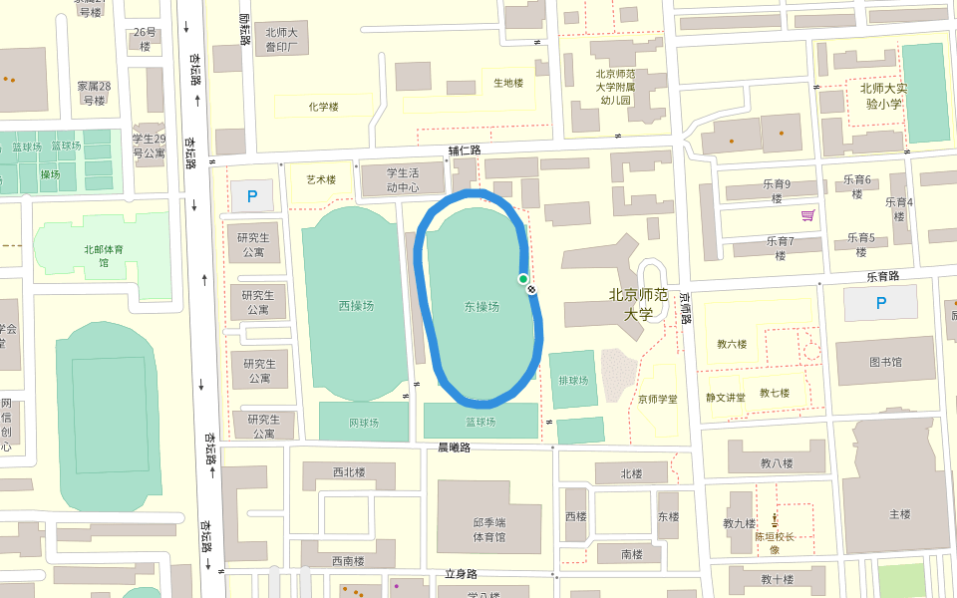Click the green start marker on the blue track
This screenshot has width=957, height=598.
tap(523, 279)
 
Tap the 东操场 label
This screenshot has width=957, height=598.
tap(481, 306)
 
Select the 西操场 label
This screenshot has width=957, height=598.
tap(356, 306)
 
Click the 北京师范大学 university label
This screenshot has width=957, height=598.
tap(638, 304)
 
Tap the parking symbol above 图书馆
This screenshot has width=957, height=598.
tap(880, 303)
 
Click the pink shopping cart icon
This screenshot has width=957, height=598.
tap(807, 215)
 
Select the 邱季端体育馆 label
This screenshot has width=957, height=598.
tap(488, 529)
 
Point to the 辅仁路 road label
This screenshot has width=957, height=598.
tap(465, 150)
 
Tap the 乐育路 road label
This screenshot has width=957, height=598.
tap(882, 276)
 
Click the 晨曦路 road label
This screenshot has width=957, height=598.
tap(455, 448)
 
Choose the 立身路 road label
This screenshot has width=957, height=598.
tap(461, 574)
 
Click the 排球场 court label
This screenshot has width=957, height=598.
tap(573, 380)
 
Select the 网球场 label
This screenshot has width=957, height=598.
tap(364, 424)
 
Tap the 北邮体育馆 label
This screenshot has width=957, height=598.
tap(97, 256)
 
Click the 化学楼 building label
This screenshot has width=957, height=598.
tap(324, 107)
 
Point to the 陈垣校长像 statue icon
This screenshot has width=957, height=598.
tap(775, 518)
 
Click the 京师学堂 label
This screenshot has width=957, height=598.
tap(658, 399)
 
